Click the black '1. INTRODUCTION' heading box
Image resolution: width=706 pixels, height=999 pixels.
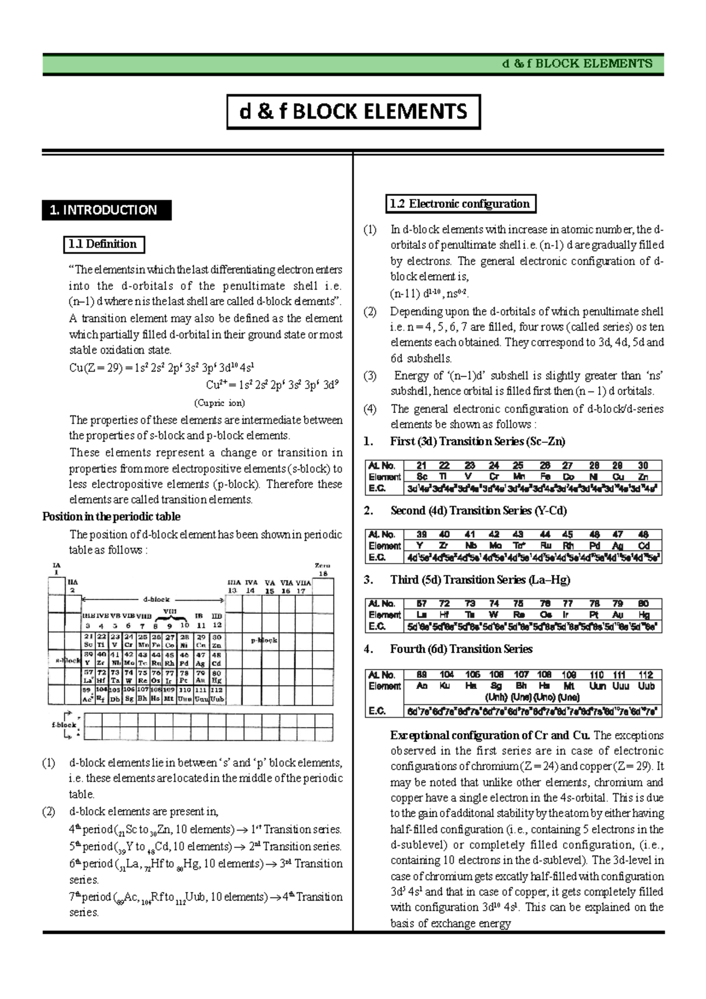106,210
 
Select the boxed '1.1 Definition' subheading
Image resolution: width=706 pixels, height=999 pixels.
104,244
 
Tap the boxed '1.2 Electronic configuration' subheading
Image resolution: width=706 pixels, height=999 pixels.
460,204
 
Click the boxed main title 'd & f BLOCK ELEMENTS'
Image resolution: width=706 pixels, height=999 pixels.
354,112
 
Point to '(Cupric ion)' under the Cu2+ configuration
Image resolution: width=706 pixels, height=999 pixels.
219,403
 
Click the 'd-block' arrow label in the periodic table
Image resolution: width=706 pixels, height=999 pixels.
156,600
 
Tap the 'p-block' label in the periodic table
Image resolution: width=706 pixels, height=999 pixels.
264,640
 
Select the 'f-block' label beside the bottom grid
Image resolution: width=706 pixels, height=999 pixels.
64,725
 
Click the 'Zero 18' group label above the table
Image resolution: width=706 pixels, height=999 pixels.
322,570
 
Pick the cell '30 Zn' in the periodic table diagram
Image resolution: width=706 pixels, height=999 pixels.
217,641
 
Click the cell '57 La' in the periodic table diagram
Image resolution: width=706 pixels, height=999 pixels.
88,676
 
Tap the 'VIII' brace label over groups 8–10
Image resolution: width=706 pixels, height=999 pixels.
169,612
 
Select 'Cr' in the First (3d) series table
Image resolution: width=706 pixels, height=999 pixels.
494,477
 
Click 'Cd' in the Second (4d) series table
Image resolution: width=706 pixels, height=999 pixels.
644,546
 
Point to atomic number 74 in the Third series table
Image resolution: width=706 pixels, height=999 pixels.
494,604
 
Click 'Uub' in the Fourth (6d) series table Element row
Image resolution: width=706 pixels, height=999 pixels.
646,686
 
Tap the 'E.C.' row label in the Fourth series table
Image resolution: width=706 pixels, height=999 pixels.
377,711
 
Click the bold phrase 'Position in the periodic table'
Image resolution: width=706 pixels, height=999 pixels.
111,517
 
